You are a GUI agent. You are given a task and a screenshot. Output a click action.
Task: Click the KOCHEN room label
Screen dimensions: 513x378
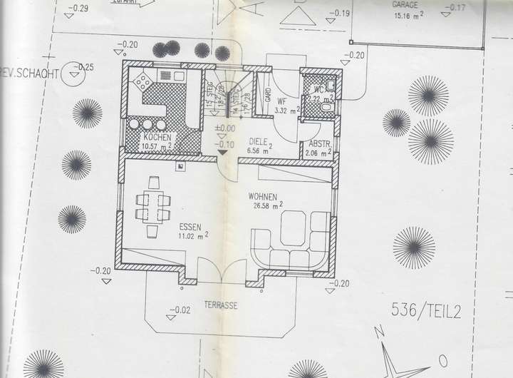point(157,136)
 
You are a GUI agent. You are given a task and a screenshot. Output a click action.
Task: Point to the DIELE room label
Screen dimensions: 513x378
point(258,141)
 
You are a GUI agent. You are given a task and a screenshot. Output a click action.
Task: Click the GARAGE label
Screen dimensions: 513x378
point(405,4)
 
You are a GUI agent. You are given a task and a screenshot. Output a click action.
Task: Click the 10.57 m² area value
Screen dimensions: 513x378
point(157,147)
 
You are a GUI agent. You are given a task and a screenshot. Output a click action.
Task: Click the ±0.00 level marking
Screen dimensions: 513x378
point(225,128)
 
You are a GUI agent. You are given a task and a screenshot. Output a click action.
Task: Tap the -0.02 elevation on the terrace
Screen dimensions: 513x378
point(181,310)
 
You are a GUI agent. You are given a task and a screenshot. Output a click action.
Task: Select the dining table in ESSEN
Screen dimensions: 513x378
point(152,206)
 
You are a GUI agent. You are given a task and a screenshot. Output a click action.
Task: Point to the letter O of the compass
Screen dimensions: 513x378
point(442,359)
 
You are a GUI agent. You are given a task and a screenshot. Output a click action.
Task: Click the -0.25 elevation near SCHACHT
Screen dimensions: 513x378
point(86,67)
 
